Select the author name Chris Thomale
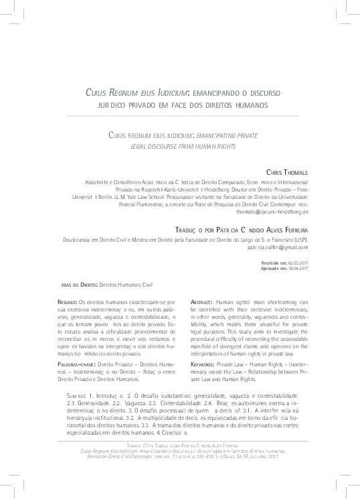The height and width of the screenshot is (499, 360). point(287,172)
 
